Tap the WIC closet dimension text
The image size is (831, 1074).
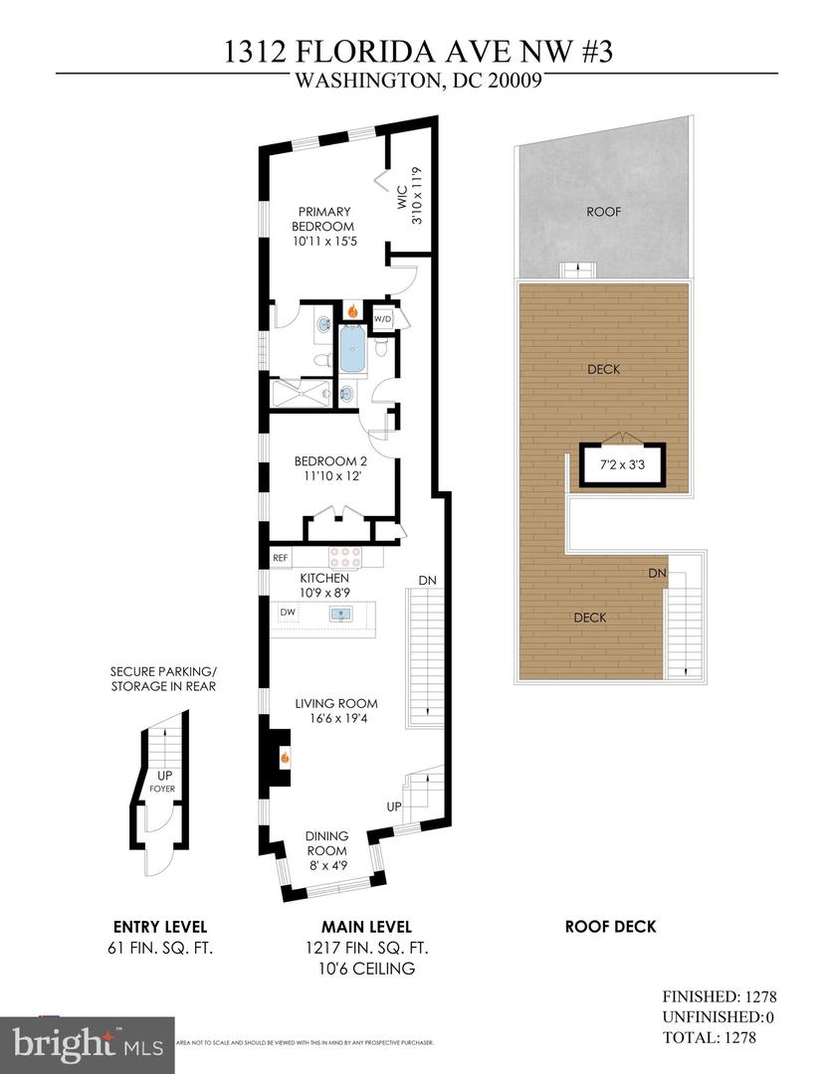(x=410, y=199)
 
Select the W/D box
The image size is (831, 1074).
(x=382, y=318)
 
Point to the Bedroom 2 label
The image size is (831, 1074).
(x=330, y=467)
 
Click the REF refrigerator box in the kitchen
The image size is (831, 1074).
(x=280, y=558)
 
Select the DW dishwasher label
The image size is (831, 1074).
(x=288, y=613)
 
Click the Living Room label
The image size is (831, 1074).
(x=335, y=710)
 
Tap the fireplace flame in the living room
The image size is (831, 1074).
(x=285, y=758)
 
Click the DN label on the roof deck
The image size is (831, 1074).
(x=657, y=573)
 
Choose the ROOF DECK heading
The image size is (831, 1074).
(x=610, y=926)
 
